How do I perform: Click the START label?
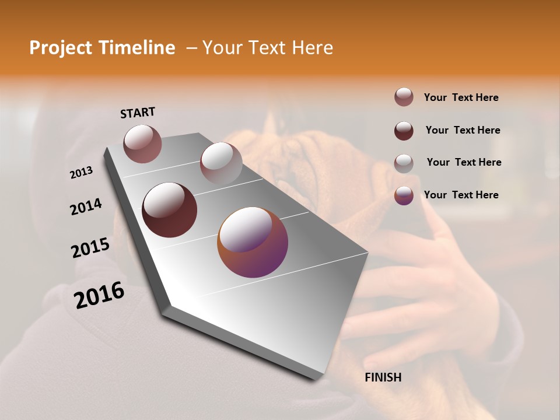pos(138,113)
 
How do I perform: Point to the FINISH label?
pos(383,377)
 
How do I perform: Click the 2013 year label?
pos(81,173)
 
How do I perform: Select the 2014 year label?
pos(86,207)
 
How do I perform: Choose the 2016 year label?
pos(99,295)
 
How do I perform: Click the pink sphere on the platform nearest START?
pos(143,143)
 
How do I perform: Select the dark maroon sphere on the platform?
pos(170,210)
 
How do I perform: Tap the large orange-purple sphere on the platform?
pos(253,242)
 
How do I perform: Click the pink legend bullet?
pos(404,97)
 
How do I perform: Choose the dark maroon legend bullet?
pos(404,130)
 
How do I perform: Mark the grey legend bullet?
pos(404,163)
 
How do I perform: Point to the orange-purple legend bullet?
pos(404,195)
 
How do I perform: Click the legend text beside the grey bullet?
pos(464,162)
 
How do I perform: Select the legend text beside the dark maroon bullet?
pos(463,130)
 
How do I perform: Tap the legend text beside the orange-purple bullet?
pos(461,195)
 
